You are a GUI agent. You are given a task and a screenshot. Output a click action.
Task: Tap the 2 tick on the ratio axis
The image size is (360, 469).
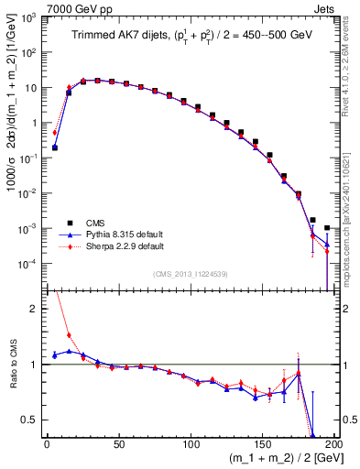(x=37, y=309)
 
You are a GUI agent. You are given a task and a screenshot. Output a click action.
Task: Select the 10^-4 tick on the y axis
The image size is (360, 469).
(x=29, y=263)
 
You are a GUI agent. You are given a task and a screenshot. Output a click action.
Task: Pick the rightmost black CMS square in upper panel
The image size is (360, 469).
(x=327, y=228)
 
